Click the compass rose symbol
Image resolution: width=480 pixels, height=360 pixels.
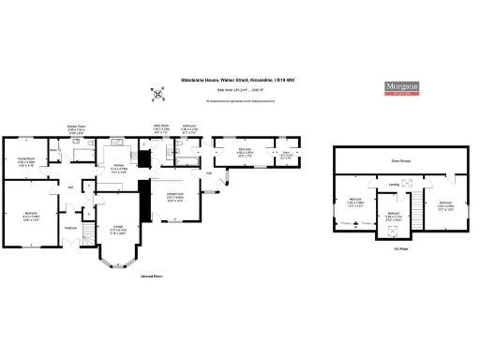click(157, 93)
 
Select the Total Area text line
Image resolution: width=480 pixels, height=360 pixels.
click(238, 90)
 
